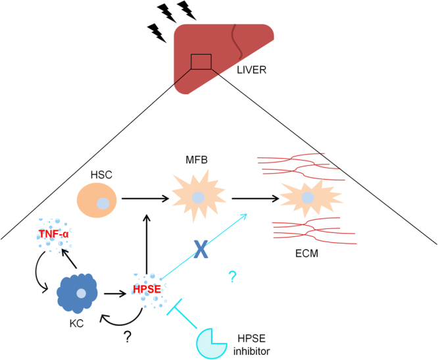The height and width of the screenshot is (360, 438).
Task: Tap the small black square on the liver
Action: pos(201,62)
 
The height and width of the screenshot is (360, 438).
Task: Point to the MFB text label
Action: pos(198,159)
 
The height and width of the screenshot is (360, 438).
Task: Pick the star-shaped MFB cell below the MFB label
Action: pos(198,196)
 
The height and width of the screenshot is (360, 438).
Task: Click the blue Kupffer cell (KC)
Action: pos(80,292)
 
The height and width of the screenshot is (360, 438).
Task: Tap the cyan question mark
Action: pos(231,278)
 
